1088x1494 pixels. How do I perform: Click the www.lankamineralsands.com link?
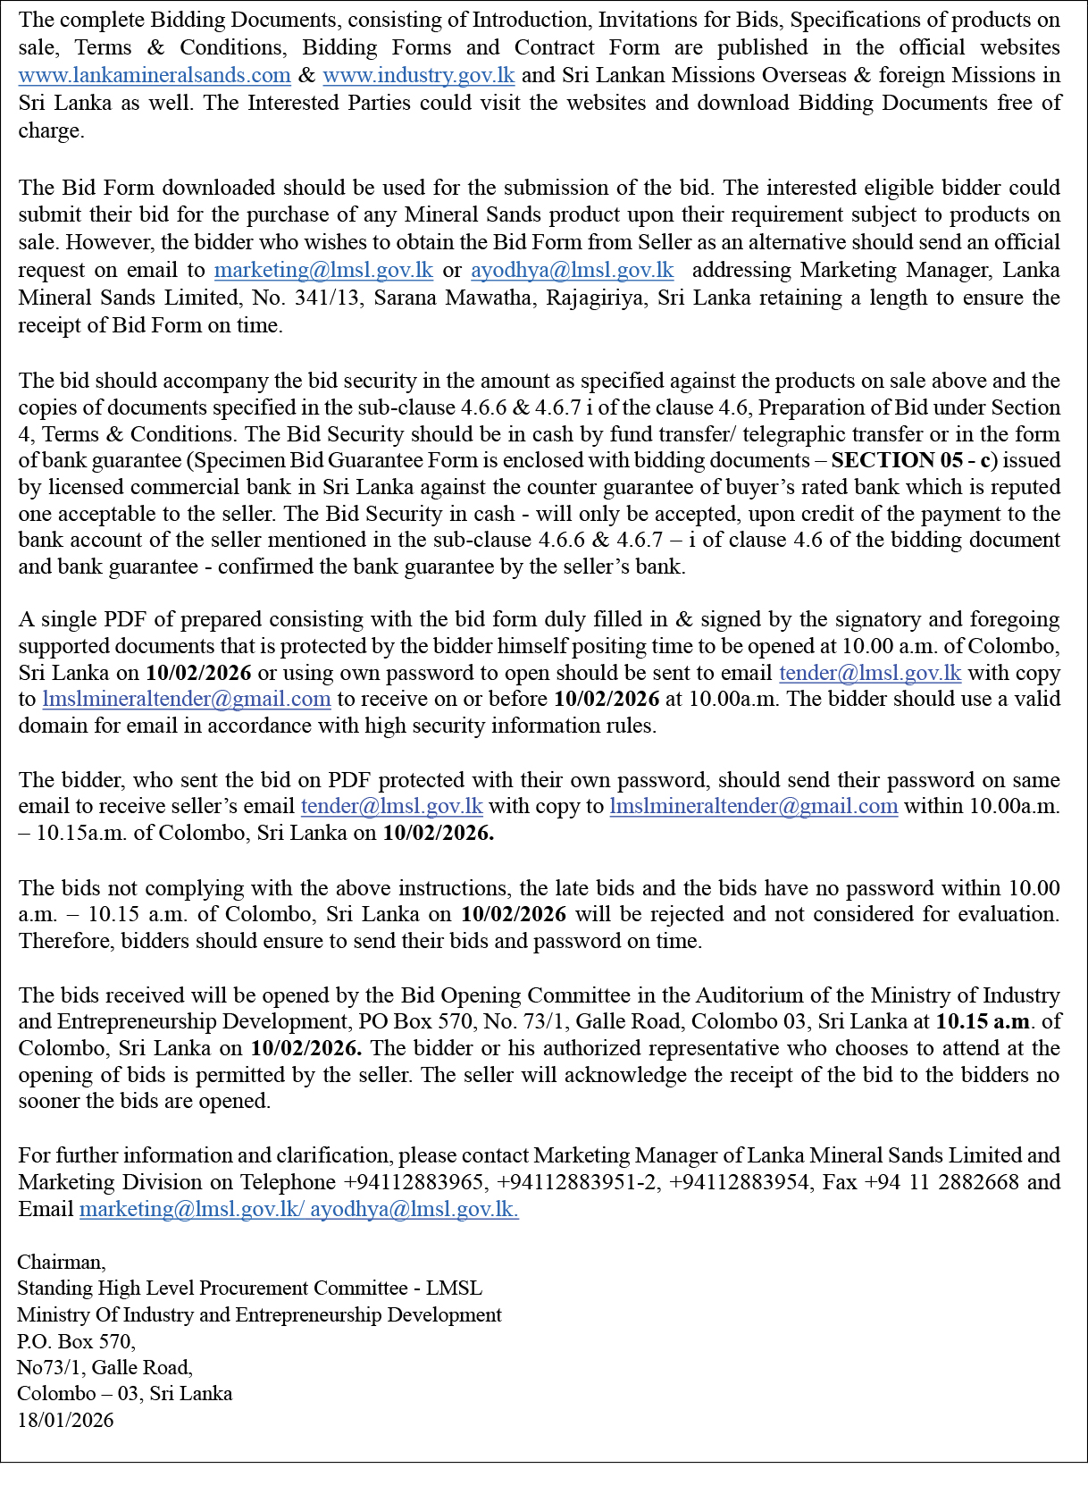point(155,76)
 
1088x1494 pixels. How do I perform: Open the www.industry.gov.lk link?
point(418,76)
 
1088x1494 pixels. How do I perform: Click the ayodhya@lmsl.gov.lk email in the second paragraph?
point(572,271)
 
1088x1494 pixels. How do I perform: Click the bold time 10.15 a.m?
point(983,1022)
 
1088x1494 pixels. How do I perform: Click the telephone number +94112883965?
point(415,1183)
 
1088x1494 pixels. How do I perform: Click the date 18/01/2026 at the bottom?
point(65,1421)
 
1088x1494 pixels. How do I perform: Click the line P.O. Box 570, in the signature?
point(76,1342)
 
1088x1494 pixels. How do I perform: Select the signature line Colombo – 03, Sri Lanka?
point(124,1394)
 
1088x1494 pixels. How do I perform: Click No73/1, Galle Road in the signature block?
point(105,1368)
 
